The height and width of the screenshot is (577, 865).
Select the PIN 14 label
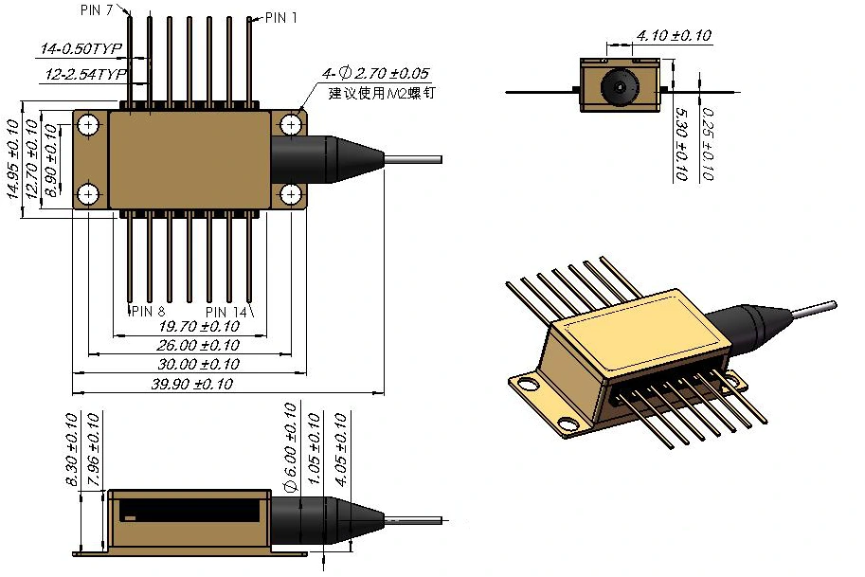point(227,311)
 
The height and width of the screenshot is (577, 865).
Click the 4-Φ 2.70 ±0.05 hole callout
point(375,73)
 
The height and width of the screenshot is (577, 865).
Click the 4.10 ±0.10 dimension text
point(674,36)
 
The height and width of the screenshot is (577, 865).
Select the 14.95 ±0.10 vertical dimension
point(13,156)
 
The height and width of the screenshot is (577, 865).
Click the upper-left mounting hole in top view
point(89,124)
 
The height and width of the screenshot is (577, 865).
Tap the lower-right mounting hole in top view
point(290,194)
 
